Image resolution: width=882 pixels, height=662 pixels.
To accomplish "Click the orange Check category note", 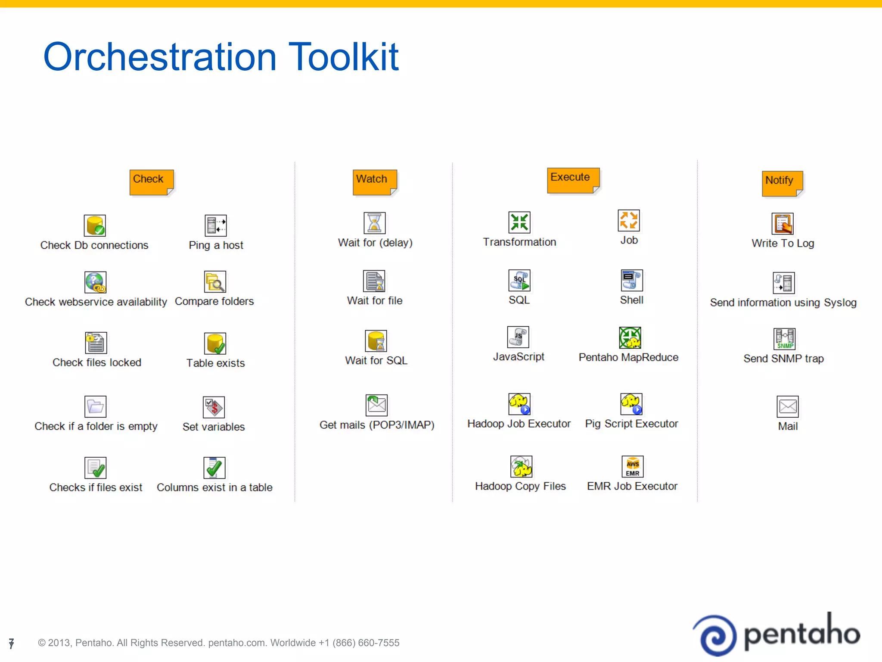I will pos(151,181).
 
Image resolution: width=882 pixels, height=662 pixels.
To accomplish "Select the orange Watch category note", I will pos(374,181).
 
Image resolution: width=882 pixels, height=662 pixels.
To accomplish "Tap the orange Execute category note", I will pos(572,180).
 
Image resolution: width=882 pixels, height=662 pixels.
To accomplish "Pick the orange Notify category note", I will pos(782,183).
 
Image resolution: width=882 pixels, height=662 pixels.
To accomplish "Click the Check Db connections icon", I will pos(95,225).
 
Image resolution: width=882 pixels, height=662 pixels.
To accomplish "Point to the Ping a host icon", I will pos(215,225).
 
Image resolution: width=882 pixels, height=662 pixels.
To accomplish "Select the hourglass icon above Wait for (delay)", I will pos(374,223).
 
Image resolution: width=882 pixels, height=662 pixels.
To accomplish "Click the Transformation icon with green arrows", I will pos(519,222).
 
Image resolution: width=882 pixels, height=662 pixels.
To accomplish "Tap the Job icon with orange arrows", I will pos(628,221).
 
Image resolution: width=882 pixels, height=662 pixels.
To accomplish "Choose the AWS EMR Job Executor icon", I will pos(632,467).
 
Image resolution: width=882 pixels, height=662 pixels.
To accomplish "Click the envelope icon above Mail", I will pos(787,406).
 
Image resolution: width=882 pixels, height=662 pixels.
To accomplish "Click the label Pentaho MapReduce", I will pos(628,357).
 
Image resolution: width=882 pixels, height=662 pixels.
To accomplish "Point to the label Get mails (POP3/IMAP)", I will pos(377,425).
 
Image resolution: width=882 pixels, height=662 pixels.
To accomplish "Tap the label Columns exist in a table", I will pos(214,487).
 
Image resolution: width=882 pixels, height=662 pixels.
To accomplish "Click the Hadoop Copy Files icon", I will pos(521,467).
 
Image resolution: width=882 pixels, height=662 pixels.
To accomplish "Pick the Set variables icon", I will pos(214,407).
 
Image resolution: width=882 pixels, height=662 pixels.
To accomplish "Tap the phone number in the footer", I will pos(359,643).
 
